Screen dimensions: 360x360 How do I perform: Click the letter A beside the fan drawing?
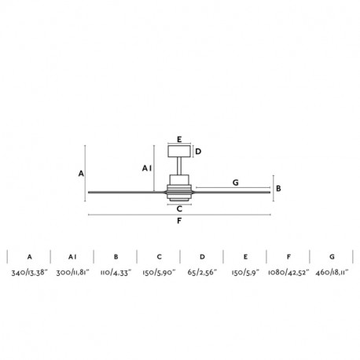(x=81, y=174)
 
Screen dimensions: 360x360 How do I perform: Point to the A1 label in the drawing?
(x=147, y=168)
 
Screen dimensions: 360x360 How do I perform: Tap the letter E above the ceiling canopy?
(x=179, y=139)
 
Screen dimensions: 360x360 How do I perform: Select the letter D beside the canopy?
(x=198, y=152)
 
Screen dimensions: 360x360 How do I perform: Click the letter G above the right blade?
(x=236, y=182)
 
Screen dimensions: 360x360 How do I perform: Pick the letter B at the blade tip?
(x=278, y=189)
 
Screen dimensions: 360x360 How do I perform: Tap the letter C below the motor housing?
(x=179, y=209)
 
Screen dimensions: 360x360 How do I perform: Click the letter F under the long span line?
(x=179, y=221)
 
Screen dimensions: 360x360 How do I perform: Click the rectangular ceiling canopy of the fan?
(x=179, y=151)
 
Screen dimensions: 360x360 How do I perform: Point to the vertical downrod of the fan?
(x=179, y=166)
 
